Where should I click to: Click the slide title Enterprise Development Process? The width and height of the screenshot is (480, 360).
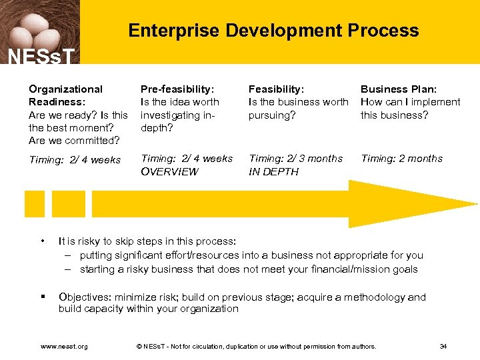pyautogui.click(x=273, y=31)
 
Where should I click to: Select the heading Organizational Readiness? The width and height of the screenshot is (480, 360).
pyautogui.click(x=66, y=95)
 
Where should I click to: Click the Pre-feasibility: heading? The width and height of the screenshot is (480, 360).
pyautogui.click(x=177, y=89)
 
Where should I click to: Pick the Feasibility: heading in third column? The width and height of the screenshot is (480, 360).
pyautogui.click(x=276, y=89)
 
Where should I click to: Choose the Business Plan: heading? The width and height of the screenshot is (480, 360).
pyautogui.click(x=399, y=89)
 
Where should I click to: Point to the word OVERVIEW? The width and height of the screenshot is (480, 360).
pyautogui.click(x=169, y=171)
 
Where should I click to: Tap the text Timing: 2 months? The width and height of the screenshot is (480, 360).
pyautogui.click(x=401, y=159)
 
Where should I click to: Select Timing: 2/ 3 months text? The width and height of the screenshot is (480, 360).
pyautogui.click(x=295, y=159)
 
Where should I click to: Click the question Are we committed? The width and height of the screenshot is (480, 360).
pyautogui.click(x=74, y=140)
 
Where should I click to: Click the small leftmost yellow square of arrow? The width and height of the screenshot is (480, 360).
pyautogui.click(x=34, y=204)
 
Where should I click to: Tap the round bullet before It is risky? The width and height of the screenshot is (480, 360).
pyautogui.click(x=42, y=241)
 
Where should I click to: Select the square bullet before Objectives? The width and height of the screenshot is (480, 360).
pyautogui.click(x=42, y=297)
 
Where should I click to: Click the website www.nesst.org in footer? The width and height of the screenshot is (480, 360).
pyautogui.click(x=64, y=346)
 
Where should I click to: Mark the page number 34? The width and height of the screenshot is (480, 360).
pyautogui.click(x=443, y=346)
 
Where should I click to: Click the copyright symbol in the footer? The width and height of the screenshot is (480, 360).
pyautogui.click(x=139, y=346)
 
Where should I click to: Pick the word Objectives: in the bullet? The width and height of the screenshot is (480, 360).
pyautogui.click(x=85, y=297)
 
